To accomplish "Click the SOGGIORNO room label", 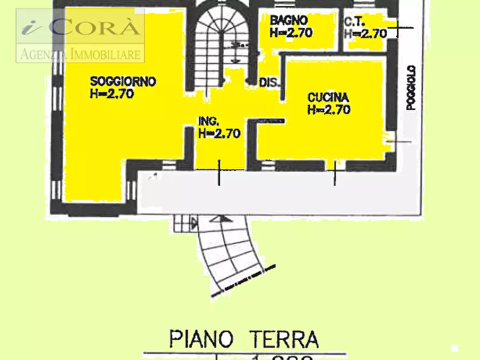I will click(123, 82).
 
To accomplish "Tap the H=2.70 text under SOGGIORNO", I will click(112, 93).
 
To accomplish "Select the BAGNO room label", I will click(289, 20).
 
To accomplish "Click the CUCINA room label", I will click(328, 98).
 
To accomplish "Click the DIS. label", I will click(270, 83).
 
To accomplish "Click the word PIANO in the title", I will click(201, 339).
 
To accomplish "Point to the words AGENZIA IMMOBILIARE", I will click(81, 54).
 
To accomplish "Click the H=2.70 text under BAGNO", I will click(291, 32).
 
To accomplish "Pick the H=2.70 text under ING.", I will click(219, 133).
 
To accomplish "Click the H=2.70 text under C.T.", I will click(366, 33).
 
